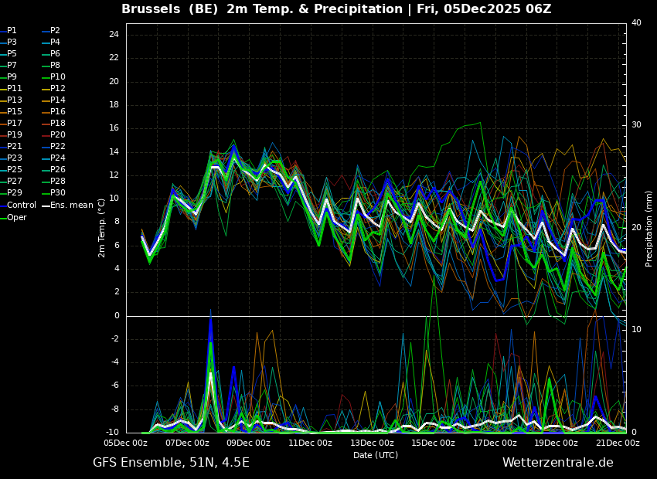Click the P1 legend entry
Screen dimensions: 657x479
pos(9,31)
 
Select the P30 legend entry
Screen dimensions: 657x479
pos(53,192)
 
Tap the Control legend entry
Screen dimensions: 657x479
pos(18,206)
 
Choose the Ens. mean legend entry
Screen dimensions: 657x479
pos(67,206)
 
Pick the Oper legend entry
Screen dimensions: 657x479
pos(13,218)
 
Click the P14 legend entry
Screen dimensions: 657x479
pos(53,100)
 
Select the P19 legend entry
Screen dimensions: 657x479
pos(12,135)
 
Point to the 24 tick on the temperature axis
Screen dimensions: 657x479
pos(114,34)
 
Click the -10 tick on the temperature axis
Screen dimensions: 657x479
pos(111,432)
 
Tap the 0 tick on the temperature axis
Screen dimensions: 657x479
pos(117,316)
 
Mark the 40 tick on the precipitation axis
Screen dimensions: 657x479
pos(636,22)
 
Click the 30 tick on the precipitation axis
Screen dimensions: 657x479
pos(636,125)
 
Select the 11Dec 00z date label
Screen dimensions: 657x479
pos(310,443)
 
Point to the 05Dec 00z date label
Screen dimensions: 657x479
pos(126,443)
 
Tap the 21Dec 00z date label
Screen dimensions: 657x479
pos(618,443)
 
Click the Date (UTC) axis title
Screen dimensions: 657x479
pos(376,455)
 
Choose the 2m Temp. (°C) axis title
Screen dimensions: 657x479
pos(102,228)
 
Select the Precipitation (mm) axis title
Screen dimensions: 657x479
pos(648,228)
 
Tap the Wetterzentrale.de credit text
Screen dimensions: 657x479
pos(558,463)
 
